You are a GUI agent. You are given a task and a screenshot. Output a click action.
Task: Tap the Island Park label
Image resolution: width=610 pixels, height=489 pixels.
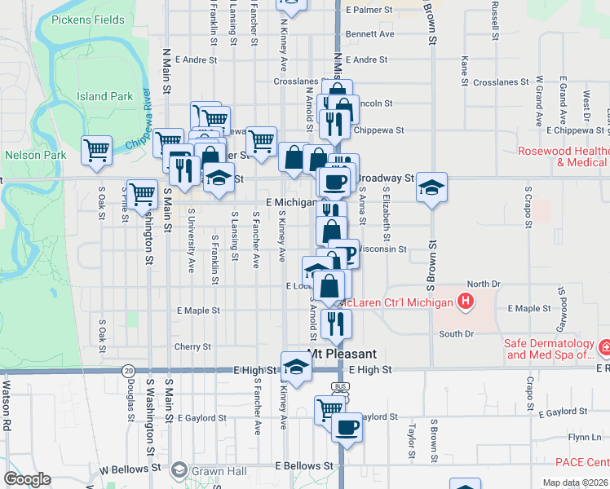click(104, 96)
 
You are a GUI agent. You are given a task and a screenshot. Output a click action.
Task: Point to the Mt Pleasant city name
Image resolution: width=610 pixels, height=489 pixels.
click(342, 354)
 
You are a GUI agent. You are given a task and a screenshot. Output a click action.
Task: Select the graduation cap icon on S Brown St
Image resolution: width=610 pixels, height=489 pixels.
click(431, 188)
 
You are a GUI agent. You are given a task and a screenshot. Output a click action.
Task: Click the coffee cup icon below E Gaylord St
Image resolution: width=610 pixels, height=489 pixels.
click(347, 427)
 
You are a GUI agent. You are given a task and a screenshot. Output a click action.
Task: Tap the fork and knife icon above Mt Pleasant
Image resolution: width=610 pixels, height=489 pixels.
click(336, 324)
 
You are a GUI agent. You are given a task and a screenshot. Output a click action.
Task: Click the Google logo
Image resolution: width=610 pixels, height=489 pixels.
click(27, 479)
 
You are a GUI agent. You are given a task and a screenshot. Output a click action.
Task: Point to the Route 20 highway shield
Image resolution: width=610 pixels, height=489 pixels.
click(129, 370)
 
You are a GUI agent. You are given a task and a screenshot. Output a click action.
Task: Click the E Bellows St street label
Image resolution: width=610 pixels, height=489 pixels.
click(305, 465)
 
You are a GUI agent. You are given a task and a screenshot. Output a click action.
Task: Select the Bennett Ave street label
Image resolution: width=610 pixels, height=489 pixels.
click(369, 34)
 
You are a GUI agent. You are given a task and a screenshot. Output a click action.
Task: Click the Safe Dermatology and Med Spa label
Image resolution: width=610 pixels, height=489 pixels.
click(551, 349)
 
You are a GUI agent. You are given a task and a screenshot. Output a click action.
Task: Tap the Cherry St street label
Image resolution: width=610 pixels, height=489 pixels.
click(192, 346)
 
